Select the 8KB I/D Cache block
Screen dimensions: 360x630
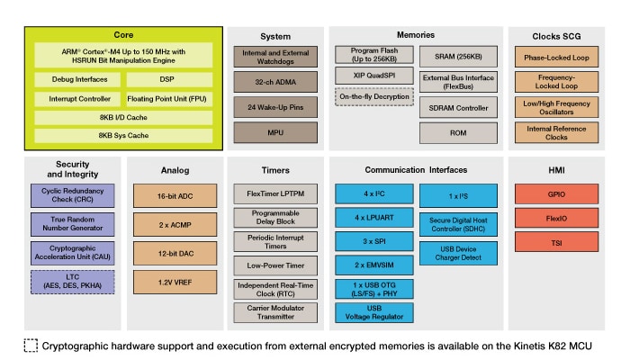point(124,117)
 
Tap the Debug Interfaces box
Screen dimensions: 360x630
point(78,79)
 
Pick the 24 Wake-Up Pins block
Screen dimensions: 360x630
point(275,106)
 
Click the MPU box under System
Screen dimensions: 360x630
point(275,132)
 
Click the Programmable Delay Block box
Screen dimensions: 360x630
point(274,219)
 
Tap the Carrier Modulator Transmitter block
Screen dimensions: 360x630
point(274,311)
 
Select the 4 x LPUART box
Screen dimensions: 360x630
point(373,219)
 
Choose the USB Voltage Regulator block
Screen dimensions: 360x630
point(373,311)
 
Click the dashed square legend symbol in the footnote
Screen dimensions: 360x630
point(31,346)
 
